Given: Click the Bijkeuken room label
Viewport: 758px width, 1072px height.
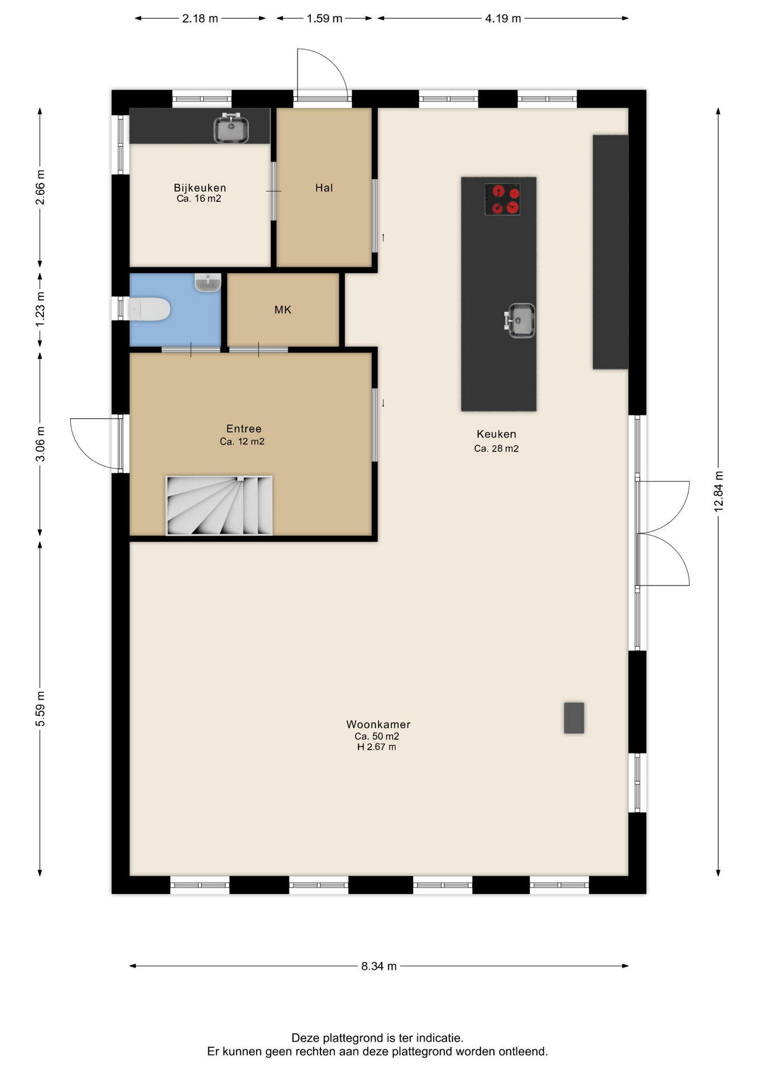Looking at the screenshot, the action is coord(200,188).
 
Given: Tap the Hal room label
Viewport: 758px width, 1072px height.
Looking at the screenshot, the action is coord(324,188).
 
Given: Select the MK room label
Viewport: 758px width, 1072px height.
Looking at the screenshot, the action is coord(283,310).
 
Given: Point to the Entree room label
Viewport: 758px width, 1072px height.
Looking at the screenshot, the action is coord(244,429).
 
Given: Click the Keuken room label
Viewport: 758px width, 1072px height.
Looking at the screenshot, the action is coord(496,434).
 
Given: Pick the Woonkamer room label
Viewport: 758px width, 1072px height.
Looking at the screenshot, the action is coord(378,724).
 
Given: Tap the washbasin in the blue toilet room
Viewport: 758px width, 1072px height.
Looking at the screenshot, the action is coord(208,282).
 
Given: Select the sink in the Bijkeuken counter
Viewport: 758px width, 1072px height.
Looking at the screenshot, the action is coord(231,128).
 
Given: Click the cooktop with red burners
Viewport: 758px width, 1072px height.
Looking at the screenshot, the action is coord(502,199).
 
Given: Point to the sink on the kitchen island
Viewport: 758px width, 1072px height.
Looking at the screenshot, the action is coord(520,320).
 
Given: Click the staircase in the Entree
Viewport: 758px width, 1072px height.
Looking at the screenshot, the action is coord(219,505).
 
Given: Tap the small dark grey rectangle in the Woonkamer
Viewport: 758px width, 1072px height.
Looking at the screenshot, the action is coord(574,718).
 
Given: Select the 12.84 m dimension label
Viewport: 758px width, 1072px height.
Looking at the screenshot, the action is coord(718,491).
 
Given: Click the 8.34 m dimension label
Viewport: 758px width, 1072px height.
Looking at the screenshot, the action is coord(379,966).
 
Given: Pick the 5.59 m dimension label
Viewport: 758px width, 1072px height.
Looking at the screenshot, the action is coord(40,709).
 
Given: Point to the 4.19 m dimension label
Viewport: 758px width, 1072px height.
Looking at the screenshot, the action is coord(503,18).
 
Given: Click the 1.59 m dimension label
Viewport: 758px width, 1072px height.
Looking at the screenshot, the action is coord(324,18).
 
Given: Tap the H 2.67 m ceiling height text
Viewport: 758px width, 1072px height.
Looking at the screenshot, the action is coord(377,747).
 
